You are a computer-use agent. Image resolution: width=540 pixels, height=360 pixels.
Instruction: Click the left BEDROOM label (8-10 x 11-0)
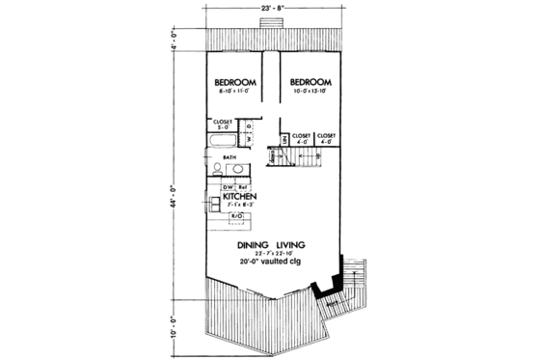(233, 83)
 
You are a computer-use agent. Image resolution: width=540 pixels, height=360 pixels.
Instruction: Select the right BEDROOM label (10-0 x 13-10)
(310, 83)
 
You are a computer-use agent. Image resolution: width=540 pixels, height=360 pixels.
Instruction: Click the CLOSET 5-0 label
(224, 125)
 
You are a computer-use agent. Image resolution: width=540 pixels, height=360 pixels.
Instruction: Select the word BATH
(229, 157)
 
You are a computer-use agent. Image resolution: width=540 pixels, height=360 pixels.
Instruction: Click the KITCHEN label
(238, 196)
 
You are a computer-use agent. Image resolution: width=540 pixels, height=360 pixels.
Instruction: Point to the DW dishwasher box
(229, 186)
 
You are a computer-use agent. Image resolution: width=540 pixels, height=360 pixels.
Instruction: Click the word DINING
(253, 245)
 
